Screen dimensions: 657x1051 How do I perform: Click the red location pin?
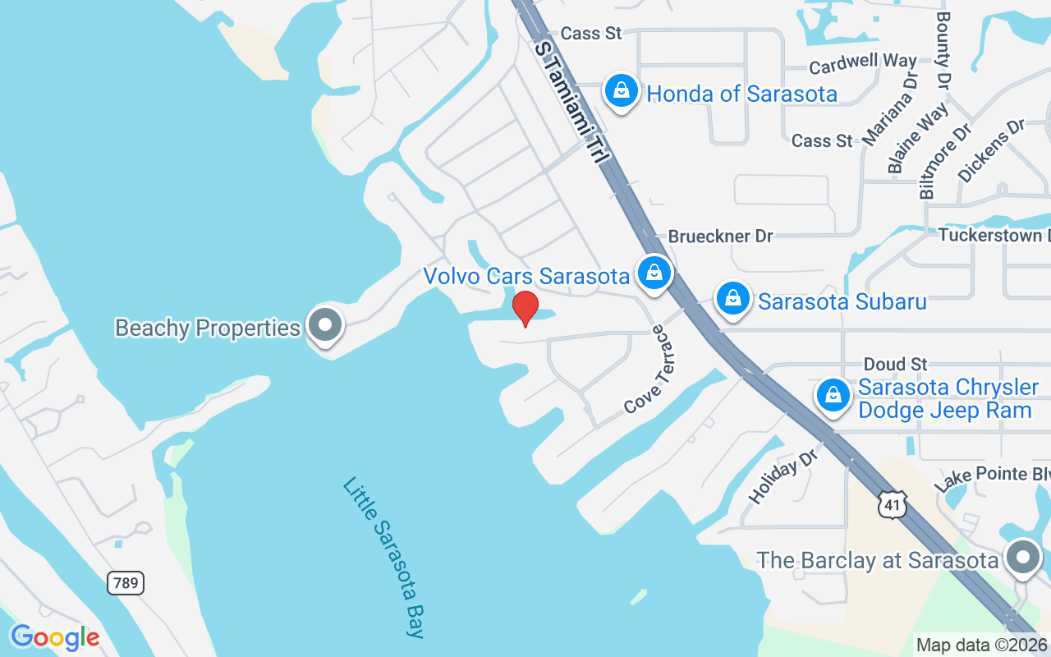[x=525, y=308]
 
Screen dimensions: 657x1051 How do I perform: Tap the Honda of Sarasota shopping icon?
[x=622, y=91]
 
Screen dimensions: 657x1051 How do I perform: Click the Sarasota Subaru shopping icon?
[x=732, y=299]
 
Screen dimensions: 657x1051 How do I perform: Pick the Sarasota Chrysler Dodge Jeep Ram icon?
[x=833, y=396]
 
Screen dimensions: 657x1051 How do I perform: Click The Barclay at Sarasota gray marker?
[x=1022, y=558]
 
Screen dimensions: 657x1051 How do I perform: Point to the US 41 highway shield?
[x=893, y=504]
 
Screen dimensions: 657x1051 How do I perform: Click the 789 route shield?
[x=125, y=583]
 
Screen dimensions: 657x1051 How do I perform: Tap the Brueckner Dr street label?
[x=720, y=237]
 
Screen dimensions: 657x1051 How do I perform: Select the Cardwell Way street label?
[x=863, y=63]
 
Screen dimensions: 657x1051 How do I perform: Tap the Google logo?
[x=55, y=637]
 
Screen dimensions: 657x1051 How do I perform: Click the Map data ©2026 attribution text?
[x=982, y=646]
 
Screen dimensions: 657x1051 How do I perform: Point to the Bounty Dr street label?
[x=943, y=50]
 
